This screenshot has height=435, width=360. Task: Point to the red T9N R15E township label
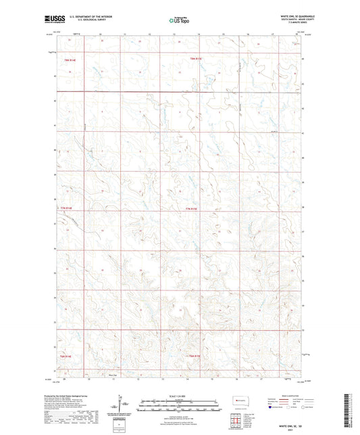coord(196,60)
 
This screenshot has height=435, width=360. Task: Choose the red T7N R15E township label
coord(191,209)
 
